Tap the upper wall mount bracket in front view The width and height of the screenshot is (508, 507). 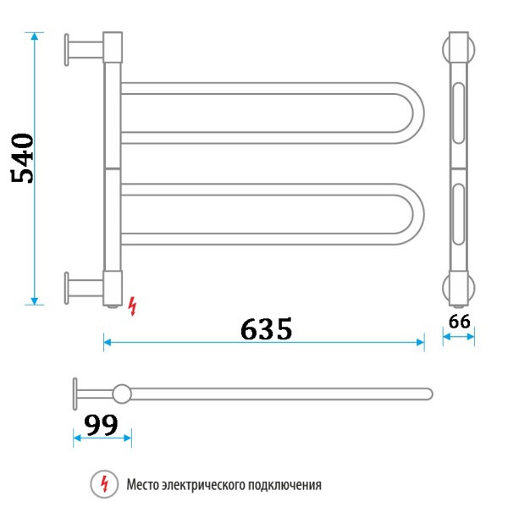tap(81, 48)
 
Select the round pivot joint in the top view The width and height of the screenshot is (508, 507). tap(123, 393)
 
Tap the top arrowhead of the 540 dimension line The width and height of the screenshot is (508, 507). tap(35, 36)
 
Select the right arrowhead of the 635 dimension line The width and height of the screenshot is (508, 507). tap(420, 342)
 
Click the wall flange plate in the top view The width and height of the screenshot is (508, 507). tap(75, 393)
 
